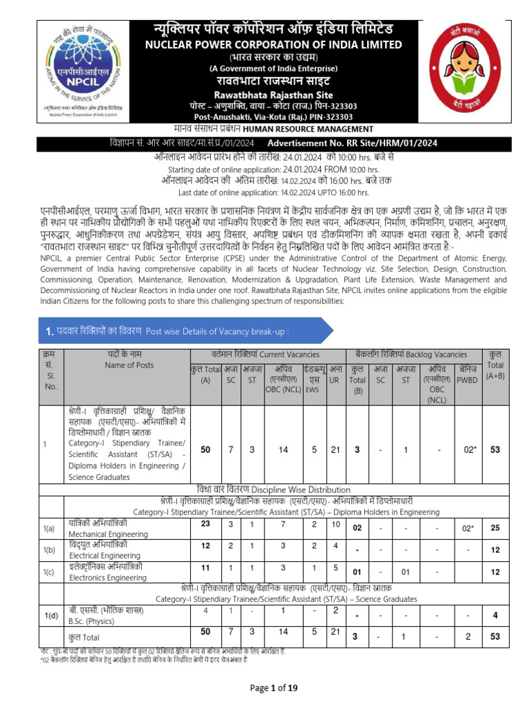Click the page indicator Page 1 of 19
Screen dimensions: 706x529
[x=264, y=688]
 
